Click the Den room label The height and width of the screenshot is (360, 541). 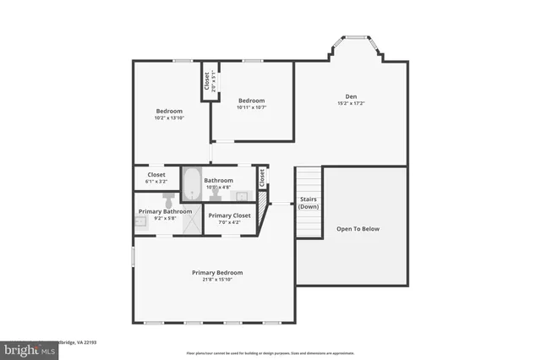pos(352,95)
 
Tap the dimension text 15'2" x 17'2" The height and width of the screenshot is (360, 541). pos(352,103)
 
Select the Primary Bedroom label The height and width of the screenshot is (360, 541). pos(217,272)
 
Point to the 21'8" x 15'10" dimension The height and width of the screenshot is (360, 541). pos(217,280)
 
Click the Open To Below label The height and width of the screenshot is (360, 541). pos(358,228)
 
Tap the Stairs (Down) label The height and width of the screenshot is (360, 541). pos(309,204)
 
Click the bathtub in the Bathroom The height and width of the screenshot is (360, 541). pos(190,183)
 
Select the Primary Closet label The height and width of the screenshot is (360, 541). pos(230,215)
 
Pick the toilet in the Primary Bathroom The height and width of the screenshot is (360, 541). pos(168,201)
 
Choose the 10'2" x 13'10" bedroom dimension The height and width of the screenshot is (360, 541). pos(171,118)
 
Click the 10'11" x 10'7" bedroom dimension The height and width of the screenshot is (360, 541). pos(252,107)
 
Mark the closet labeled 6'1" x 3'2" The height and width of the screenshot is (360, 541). pos(156,177)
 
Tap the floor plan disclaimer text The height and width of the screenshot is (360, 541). pos(270,352)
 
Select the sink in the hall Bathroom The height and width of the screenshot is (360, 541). pos(240,195)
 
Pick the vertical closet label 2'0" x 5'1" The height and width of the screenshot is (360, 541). pos(205,81)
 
